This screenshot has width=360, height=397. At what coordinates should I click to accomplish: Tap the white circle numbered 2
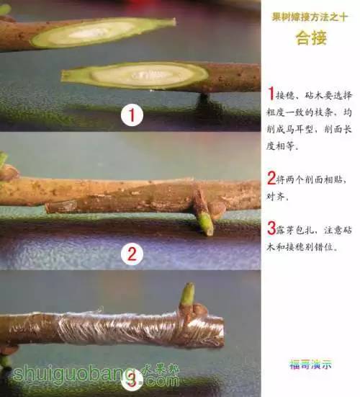pos(130,253)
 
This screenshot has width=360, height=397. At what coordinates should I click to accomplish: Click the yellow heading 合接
pos(310,40)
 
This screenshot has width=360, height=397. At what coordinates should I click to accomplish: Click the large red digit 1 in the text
pos(271,94)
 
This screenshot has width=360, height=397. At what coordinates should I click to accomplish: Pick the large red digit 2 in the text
pos(271,178)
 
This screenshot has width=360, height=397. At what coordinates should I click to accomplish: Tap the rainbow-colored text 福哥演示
pos(310,364)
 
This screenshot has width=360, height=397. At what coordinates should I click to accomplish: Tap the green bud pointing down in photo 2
pos(205,223)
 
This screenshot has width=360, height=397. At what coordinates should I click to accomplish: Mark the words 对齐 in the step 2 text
pos(279,197)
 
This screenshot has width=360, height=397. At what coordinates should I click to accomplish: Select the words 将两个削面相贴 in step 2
pos(310,179)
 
